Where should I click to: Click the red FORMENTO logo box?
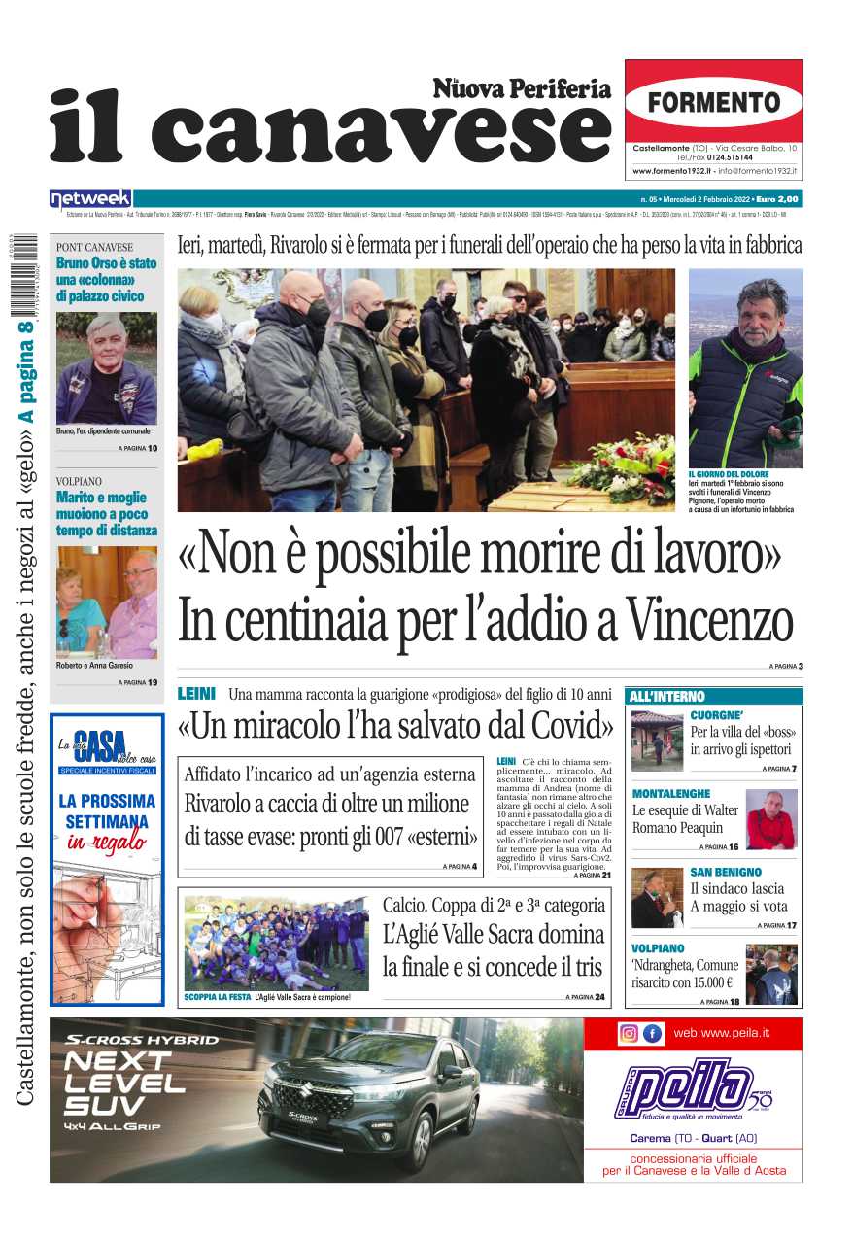click(x=713, y=101)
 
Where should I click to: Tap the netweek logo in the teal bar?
click(x=90, y=199)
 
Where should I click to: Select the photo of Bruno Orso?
click(x=106, y=367)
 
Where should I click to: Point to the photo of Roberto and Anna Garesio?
click(x=106, y=602)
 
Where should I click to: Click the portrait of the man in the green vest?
click(x=745, y=368)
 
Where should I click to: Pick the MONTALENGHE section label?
click(x=670, y=794)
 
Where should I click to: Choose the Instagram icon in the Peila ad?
click(x=629, y=1033)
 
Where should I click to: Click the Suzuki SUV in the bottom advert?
click(x=369, y=1103)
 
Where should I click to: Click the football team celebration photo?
click(x=276, y=942)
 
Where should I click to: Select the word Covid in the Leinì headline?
click(x=570, y=726)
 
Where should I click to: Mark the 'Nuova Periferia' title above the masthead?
click(x=522, y=89)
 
